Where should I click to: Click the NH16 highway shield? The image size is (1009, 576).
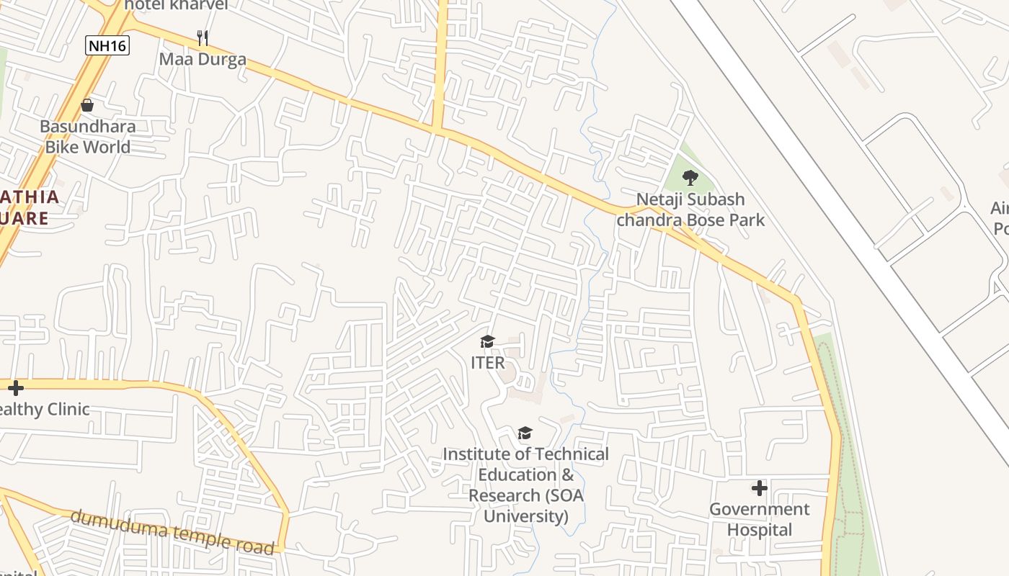tap(107, 46)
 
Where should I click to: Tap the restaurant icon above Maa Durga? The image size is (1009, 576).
tap(203, 37)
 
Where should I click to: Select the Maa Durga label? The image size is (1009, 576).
tap(203, 59)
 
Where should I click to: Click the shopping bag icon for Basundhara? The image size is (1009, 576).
tap(87, 106)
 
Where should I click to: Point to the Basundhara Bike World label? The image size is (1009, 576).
tap(87, 137)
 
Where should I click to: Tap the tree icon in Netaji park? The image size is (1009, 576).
tap(690, 177)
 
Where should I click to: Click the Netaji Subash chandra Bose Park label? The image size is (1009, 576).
tap(690, 210)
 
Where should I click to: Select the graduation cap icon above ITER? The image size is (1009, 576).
tap(488, 341)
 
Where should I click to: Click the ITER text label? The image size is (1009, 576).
tap(488, 363)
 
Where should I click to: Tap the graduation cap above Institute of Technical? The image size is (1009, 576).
tap(525, 433)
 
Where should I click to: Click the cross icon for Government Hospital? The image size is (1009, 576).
tap(759, 488)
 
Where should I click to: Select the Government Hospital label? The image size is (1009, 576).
tap(759, 519)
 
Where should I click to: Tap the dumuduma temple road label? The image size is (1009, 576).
tap(173, 532)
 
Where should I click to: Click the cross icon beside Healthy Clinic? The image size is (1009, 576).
tap(16, 388)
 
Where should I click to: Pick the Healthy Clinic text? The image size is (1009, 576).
tap(45, 410)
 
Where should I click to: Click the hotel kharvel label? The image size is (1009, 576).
tap(176, 5)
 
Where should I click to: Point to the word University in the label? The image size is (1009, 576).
tap(525, 516)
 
